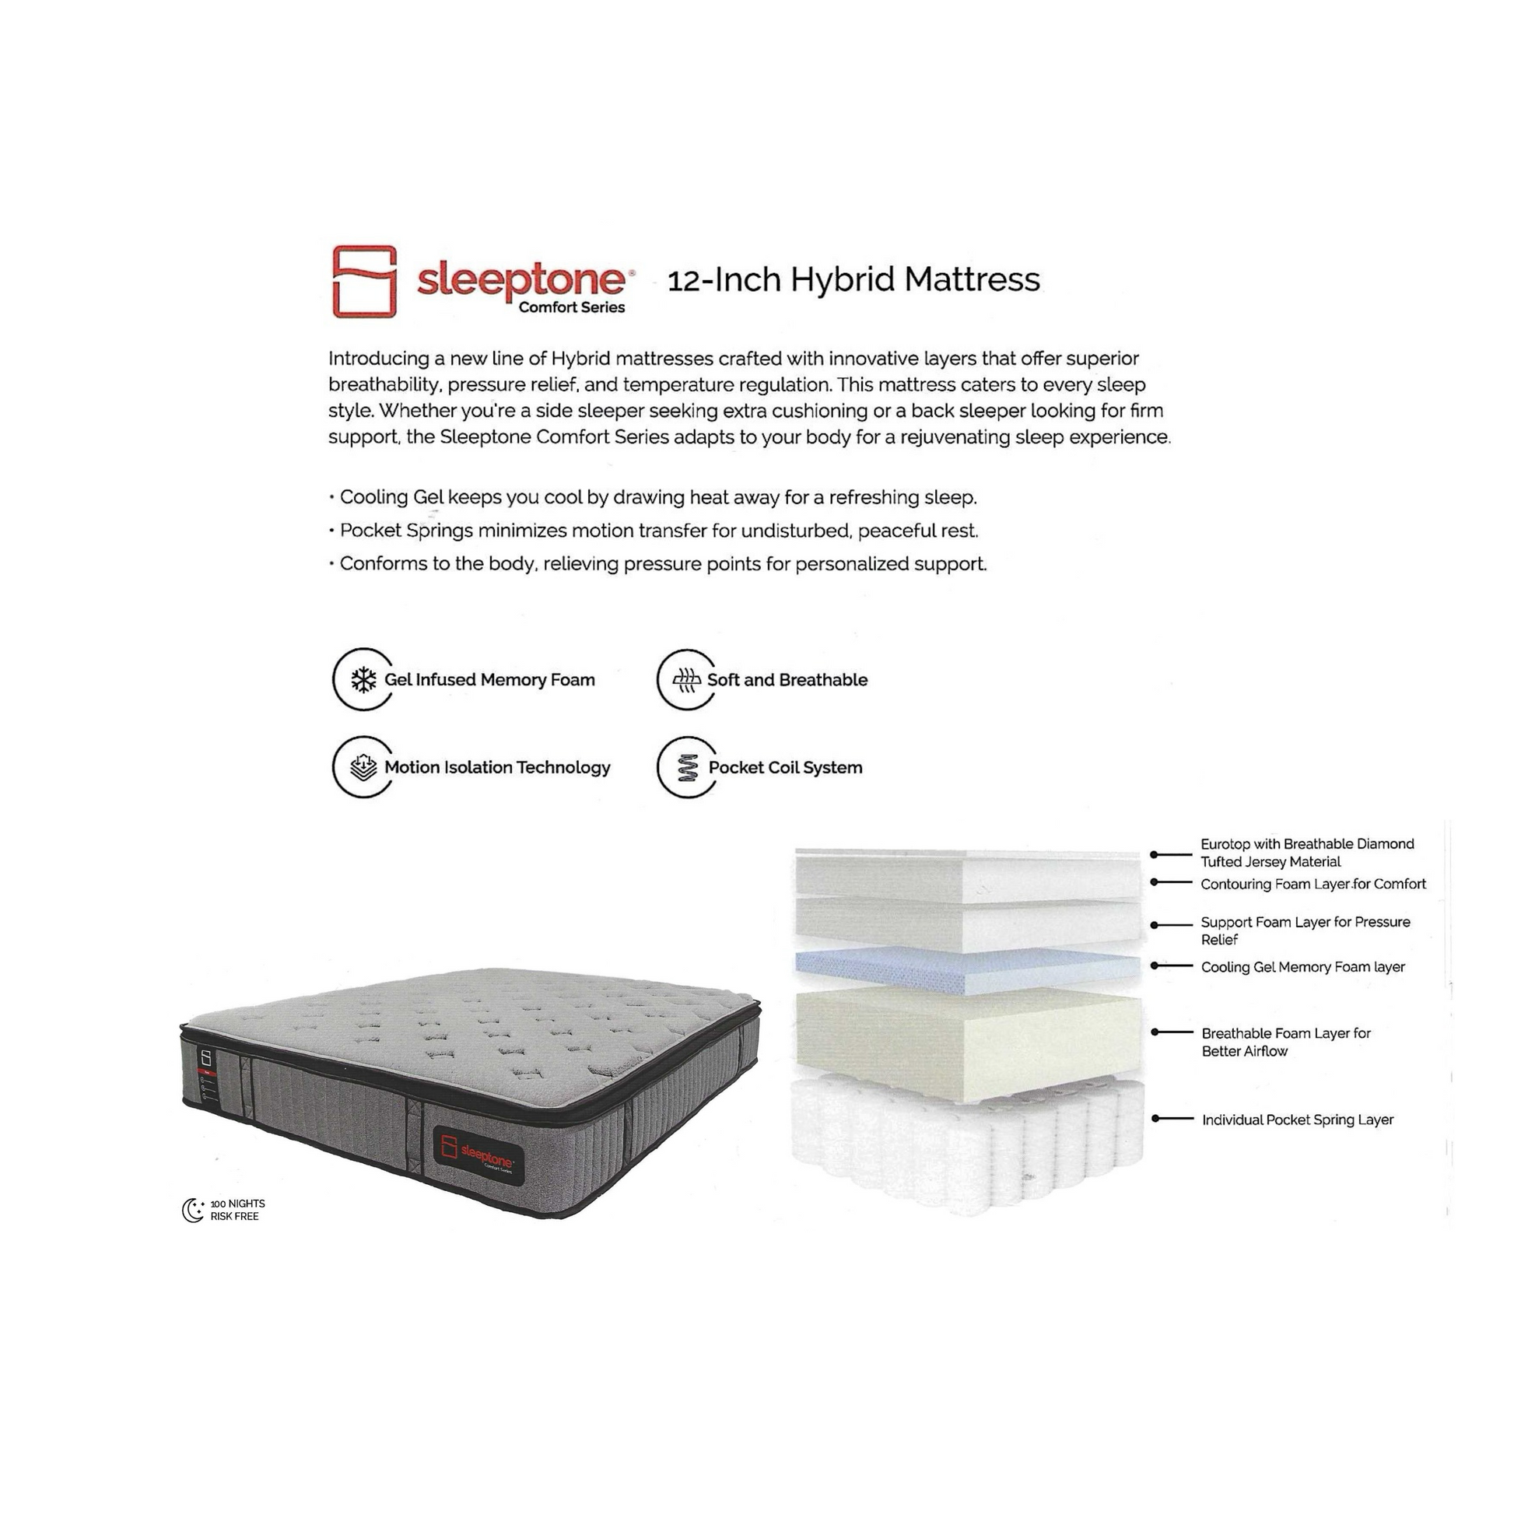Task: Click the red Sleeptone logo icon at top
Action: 364,282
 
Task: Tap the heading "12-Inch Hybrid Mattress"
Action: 853,280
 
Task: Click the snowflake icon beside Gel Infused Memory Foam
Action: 363,680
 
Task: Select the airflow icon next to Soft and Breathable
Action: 687,680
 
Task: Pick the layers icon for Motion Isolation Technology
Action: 363,768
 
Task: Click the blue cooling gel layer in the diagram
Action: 969,973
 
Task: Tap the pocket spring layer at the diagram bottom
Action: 969,1146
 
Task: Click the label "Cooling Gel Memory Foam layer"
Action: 1302,967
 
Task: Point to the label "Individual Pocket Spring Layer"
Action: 1298,1120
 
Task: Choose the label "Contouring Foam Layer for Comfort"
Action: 1313,884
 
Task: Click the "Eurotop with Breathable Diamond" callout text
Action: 1307,844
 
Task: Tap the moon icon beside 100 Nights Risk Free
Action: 193,1210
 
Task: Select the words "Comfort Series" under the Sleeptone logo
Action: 571,307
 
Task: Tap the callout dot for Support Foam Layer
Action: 1155,926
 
